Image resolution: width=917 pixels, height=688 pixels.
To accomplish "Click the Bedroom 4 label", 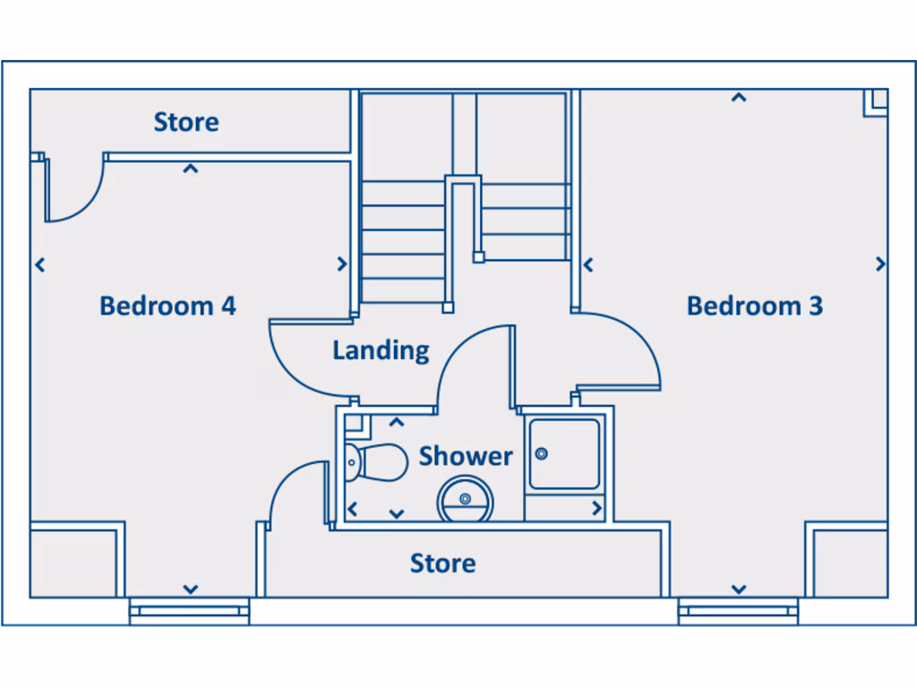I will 167,305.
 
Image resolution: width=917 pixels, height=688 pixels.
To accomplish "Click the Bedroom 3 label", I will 754,305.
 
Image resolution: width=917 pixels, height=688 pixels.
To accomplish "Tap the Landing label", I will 381,350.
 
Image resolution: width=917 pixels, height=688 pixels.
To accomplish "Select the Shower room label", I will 466,456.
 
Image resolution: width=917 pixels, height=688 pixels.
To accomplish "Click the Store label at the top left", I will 186,122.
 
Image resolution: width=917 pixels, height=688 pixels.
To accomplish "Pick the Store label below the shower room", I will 442,563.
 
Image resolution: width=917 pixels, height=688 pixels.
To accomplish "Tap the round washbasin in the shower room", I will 465,500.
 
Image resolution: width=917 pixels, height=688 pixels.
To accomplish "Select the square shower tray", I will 563,454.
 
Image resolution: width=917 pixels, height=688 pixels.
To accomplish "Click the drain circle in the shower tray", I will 541,454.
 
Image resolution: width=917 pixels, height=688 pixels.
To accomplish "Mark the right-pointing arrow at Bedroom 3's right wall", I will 880,264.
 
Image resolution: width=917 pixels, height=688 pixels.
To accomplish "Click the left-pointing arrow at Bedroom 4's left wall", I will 39,264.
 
